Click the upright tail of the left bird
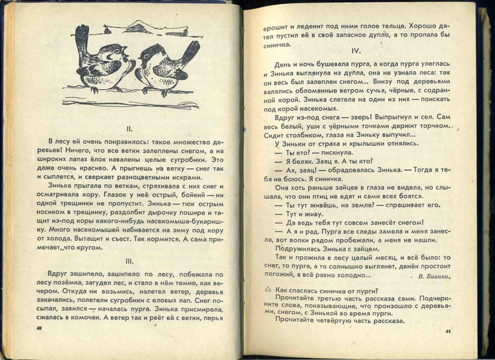tap(82, 37)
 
